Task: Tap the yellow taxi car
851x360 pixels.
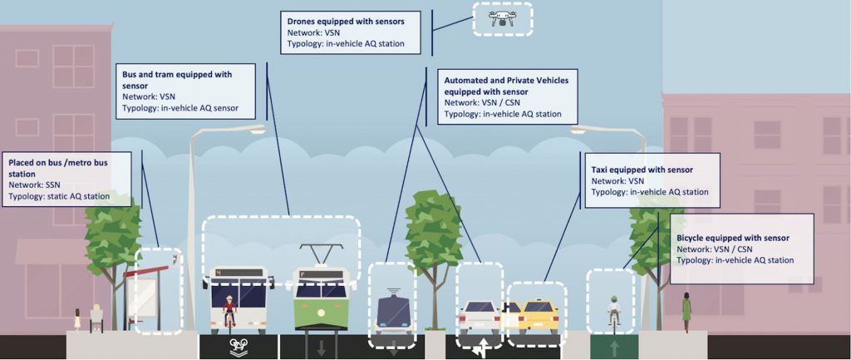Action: pos(538,314)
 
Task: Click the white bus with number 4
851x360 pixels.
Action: pos(239,295)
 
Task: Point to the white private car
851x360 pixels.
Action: pos(479,316)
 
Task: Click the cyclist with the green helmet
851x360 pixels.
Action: pos(613,308)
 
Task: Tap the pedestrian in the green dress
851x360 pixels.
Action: pos(686,311)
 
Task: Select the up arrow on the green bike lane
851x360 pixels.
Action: pos(613,347)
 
